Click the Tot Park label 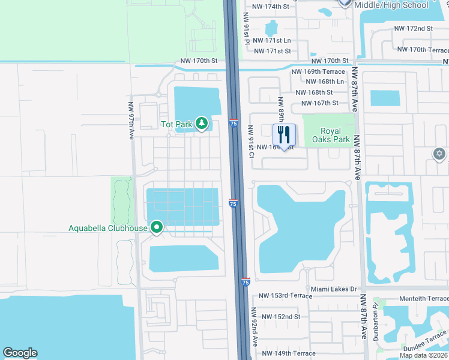point(176,124)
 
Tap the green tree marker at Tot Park point(202,124)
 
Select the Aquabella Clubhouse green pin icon point(157,227)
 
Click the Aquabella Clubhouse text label point(107,227)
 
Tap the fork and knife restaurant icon point(285,134)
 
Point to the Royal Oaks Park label point(331,135)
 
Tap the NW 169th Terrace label point(318,71)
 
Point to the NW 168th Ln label point(324,82)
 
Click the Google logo point(20,353)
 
